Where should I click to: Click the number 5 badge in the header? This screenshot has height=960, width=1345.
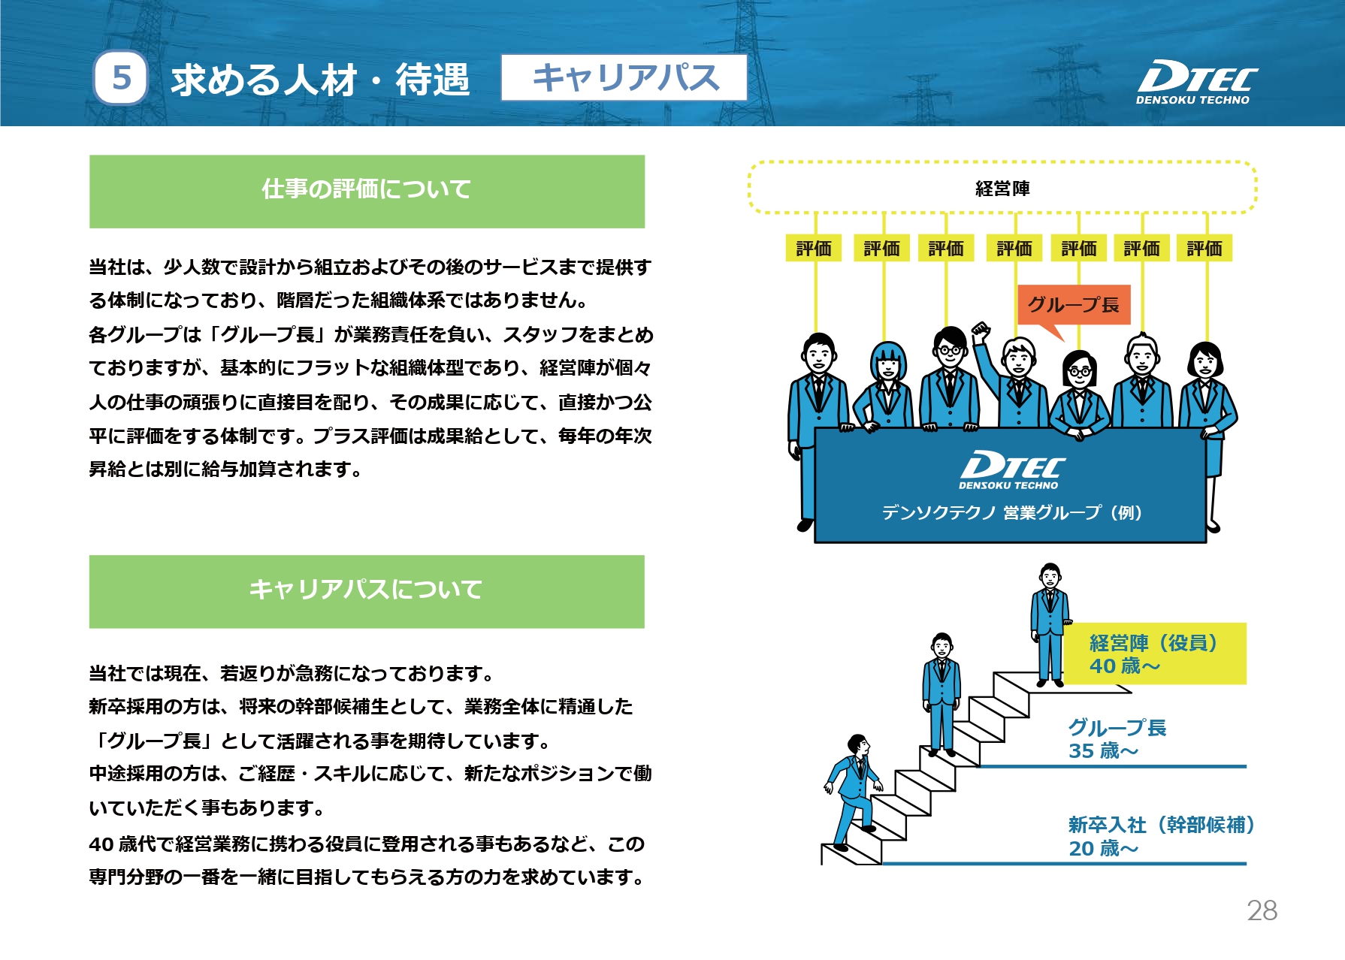click(121, 78)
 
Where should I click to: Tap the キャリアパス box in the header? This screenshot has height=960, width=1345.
click(624, 77)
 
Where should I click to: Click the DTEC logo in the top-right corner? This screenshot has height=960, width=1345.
click(1196, 82)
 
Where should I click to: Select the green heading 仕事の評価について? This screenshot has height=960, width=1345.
click(367, 192)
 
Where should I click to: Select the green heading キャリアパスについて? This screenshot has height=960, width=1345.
click(367, 591)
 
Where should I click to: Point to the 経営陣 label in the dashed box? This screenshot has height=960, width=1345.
click(1002, 189)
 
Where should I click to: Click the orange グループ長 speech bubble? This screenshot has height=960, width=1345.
click(1074, 309)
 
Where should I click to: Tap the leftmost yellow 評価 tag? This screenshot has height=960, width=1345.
click(814, 248)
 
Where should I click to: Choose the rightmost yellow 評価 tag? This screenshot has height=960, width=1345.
click(1204, 248)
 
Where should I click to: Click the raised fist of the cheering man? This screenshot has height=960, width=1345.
click(980, 331)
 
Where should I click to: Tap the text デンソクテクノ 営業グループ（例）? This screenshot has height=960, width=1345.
click(1011, 512)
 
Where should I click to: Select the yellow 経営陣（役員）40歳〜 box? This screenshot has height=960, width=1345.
click(1155, 654)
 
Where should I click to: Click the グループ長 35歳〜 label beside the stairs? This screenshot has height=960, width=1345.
click(1117, 738)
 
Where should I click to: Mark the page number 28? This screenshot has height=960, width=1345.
click(1262, 910)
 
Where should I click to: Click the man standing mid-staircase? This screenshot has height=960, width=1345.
click(941, 695)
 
